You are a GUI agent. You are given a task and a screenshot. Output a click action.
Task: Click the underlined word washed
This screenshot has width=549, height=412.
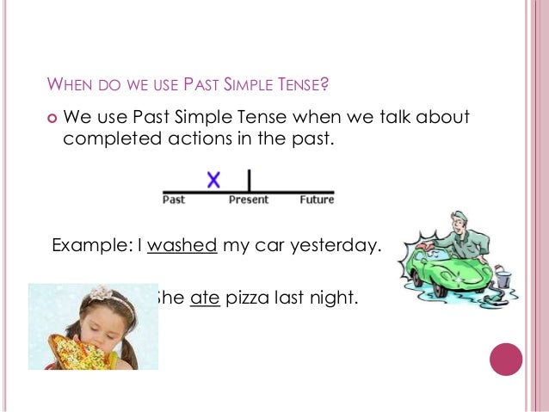(182, 245)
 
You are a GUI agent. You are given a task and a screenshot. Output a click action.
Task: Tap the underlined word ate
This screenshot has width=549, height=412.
(206, 299)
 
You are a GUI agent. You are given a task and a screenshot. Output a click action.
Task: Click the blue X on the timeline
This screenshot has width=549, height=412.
(213, 180)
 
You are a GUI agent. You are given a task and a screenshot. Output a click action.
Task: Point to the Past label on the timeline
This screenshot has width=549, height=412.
(174, 200)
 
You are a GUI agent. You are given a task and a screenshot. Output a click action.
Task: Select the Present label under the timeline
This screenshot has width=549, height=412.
(249, 200)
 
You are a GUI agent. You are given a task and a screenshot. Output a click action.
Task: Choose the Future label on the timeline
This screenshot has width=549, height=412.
(317, 200)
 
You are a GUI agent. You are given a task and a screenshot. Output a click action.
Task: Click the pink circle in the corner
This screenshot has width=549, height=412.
(506, 359)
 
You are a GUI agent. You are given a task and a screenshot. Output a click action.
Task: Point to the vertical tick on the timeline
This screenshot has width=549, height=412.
(249, 181)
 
